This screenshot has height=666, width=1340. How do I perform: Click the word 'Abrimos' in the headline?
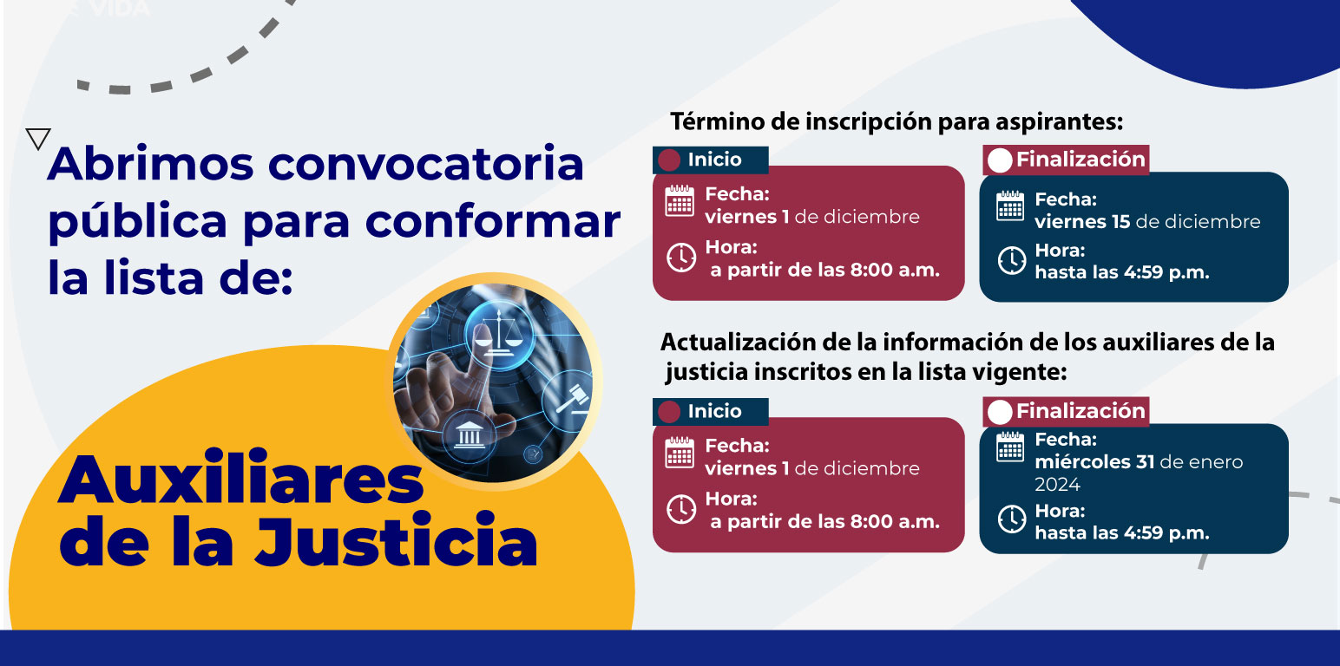pyautogui.click(x=151, y=163)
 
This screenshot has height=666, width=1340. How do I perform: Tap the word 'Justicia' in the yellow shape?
pyautogui.click(x=396, y=540)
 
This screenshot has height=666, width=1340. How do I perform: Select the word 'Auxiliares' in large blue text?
pyautogui.click(x=241, y=479)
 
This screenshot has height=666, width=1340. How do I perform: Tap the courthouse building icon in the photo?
pyautogui.click(x=469, y=434)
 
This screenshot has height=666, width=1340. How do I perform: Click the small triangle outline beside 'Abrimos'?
pyautogui.click(x=38, y=139)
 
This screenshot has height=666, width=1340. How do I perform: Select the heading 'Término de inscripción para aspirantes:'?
pyautogui.click(x=897, y=122)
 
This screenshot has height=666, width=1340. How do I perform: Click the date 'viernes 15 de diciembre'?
pyautogui.click(x=1147, y=222)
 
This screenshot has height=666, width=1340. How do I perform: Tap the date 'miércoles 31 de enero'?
pyautogui.click(x=1139, y=462)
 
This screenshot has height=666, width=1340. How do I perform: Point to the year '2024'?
pyautogui.click(x=1057, y=484)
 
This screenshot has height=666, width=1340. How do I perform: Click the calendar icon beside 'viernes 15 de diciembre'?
pyautogui.click(x=1010, y=206)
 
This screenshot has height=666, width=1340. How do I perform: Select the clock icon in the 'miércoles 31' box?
pyautogui.click(x=1012, y=519)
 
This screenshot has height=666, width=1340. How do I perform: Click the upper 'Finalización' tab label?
pyautogui.click(x=1081, y=159)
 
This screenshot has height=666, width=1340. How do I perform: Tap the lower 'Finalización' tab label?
pyautogui.click(x=1081, y=411)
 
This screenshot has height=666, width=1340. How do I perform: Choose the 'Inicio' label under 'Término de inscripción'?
pyautogui.click(x=714, y=160)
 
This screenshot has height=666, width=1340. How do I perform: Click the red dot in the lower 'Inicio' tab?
pyautogui.click(x=669, y=412)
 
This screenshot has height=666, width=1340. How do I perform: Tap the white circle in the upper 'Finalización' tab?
pyautogui.click(x=1000, y=160)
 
